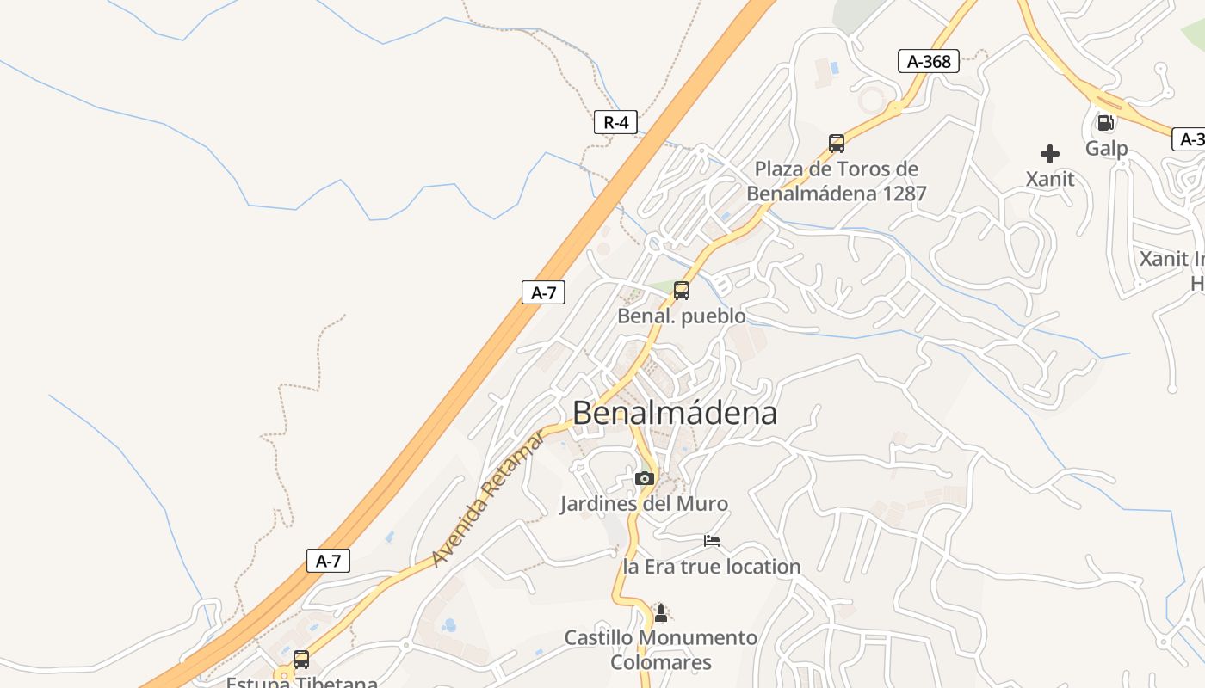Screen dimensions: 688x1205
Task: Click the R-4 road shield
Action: pos(615,122)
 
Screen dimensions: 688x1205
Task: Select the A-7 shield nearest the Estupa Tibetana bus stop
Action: pos(328,562)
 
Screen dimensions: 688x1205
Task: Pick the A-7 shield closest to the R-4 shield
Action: pos(543,292)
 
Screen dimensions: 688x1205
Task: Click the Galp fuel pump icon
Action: pos(1105,123)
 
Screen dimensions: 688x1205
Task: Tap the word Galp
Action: pos(1106,148)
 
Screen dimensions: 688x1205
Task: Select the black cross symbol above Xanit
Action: pos(1050,154)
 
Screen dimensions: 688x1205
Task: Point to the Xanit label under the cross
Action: pos(1050,179)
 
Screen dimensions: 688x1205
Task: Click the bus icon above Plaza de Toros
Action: pos(836,143)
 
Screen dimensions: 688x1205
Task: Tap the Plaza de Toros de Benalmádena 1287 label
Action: pos(836,181)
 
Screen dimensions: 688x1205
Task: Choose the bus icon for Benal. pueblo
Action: pos(682,291)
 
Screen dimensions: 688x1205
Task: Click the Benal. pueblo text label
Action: pos(682,316)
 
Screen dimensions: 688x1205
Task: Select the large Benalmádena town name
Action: pos(675,413)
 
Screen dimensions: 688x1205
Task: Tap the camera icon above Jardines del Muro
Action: pos(644,478)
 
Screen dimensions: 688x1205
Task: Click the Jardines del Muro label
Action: pos(644,504)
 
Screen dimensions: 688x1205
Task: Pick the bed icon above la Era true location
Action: pos(712,541)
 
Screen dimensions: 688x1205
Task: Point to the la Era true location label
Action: pos(712,567)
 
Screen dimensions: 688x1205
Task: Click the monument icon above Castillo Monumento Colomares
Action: pos(661,612)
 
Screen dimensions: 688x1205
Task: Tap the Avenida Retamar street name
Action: pos(487,499)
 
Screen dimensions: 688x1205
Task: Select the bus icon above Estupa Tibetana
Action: pos(301,660)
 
